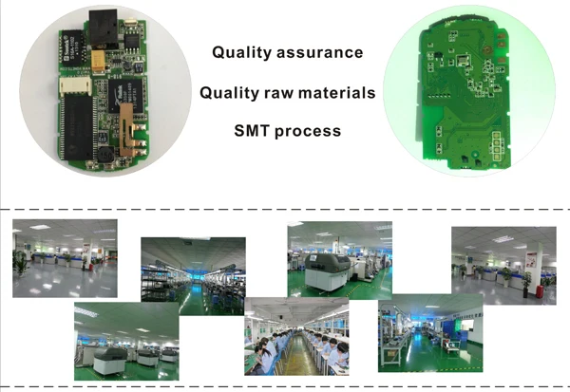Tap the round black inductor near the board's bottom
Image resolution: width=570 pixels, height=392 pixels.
(x=106, y=152)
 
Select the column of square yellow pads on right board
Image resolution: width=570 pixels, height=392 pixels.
(x=493, y=148)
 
